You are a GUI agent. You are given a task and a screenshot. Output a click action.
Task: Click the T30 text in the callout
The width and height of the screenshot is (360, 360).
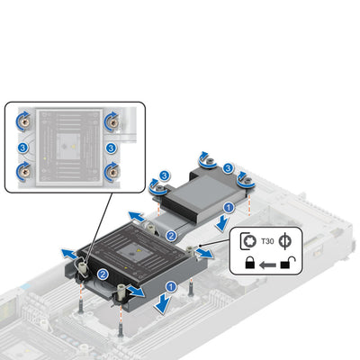pyautogui.click(x=267, y=241)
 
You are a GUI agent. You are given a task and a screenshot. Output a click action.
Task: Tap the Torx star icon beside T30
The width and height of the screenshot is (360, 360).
pyautogui.click(x=250, y=241)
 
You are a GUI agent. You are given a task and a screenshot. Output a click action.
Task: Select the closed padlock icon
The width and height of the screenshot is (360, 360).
pyautogui.click(x=250, y=263)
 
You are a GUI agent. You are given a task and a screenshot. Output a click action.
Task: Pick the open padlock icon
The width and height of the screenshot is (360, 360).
pyautogui.click(x=287, y=262)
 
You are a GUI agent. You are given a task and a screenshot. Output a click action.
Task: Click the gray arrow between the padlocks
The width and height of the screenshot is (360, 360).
pyautogui.click(x=267, y=265)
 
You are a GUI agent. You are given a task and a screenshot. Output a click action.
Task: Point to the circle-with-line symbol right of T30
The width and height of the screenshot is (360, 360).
pyautogui.click(x=284, y=242)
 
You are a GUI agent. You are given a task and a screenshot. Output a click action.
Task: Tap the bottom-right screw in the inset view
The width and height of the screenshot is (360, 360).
pyautogui.click(x=112, y=172)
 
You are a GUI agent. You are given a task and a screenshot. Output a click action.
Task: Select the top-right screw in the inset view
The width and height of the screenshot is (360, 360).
pyautogui.click(x=112, y=121)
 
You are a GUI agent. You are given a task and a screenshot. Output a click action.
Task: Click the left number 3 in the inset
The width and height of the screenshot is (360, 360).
pyautogui.click(x=23, y=148)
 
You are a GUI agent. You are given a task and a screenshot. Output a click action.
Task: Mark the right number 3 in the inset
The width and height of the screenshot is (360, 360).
pyautogui.click(x=111, y=148)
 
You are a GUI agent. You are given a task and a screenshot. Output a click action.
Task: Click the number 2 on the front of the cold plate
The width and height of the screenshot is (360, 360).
pyautogui.click(x=103, y=274)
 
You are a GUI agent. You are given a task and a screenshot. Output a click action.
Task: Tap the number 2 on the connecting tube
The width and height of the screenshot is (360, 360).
pyautogui.click(x=171, y=236)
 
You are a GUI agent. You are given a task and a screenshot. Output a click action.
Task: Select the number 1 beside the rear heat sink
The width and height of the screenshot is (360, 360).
pyautogui.click(x=229, y=207)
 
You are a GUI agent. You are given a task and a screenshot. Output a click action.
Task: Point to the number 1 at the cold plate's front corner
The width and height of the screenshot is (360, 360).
pyautogui.click(x=171, y=287)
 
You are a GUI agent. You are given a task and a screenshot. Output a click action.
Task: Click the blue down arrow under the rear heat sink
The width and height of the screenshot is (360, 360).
pyautogui.click(x=222, y=223)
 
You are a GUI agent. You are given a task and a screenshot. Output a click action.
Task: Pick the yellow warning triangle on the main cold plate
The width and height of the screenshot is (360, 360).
pyautogui.click(x=139, y=250)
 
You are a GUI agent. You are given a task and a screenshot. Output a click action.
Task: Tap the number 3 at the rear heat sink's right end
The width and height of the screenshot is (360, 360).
pyautogui.click(x=229, y=168)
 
